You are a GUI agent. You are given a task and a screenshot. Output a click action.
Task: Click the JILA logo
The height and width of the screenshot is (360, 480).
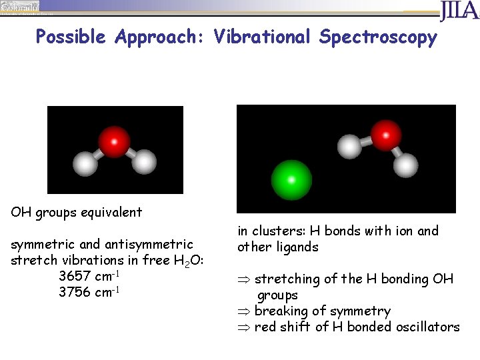pos(459,11)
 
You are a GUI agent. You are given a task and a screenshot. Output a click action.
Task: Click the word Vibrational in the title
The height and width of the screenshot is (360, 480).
pos(262,37)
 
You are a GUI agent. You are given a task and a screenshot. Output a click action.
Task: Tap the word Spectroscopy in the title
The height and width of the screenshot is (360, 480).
pos(378,37)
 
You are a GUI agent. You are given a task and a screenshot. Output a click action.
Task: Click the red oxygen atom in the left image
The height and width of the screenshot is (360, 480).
pos(115,141)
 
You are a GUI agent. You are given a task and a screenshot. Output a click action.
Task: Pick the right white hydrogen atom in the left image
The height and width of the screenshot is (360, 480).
pos(143,162)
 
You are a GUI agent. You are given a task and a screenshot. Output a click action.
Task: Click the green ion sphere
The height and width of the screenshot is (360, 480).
pos(291,179)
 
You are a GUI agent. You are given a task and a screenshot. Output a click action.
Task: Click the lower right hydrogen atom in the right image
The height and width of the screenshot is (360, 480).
pos(405,165)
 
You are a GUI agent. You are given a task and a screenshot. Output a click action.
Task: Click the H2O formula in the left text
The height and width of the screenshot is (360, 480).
pos(181,261)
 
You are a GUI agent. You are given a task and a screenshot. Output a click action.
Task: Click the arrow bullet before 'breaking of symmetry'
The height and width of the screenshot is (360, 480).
pos(244,311)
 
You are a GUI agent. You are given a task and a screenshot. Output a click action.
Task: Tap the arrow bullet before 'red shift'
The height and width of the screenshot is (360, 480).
pos(244,327)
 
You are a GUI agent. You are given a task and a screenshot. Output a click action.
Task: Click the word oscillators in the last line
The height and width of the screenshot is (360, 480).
pos(426,327)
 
